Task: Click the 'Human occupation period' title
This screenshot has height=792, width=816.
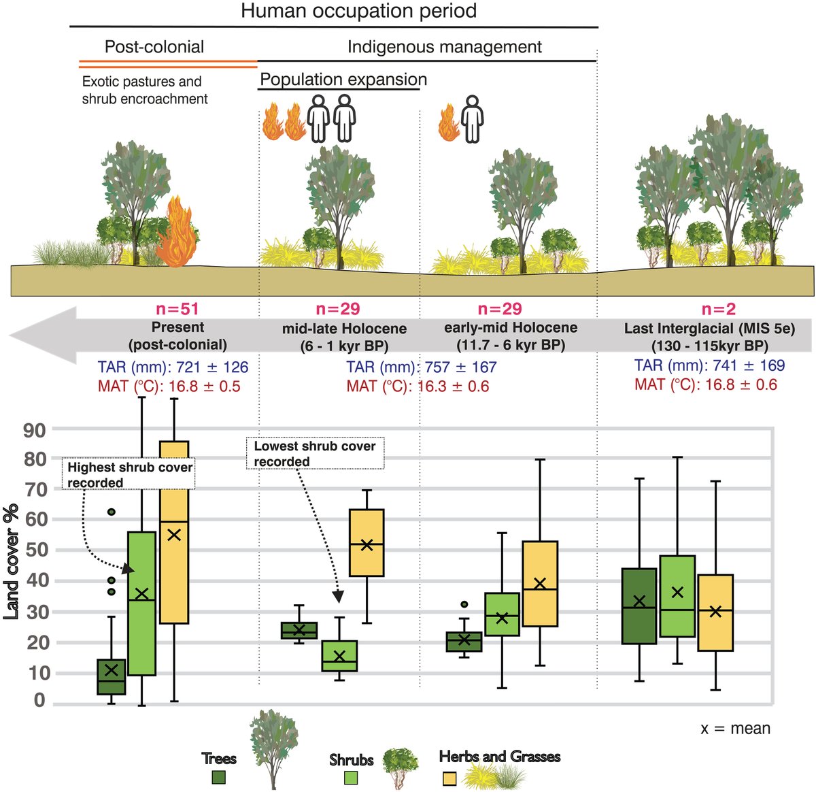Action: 358,12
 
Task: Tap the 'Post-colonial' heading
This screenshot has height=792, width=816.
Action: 154,47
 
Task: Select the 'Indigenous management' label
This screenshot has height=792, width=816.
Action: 445,47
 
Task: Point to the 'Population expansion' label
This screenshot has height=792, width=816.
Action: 343,80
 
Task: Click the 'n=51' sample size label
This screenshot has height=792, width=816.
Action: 178,310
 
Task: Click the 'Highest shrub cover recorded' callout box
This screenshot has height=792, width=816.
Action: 130,475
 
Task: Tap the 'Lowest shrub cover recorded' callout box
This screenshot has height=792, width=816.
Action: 316,453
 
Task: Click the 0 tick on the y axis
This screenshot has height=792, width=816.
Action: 40,700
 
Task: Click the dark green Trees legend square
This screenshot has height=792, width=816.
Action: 219,776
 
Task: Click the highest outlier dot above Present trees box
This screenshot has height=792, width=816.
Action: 112,512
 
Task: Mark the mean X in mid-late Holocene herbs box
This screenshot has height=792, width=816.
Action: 367,544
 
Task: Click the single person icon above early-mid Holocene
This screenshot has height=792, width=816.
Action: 472,118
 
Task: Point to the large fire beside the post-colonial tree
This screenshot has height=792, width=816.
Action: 177,233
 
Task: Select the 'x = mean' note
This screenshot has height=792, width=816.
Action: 736,729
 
